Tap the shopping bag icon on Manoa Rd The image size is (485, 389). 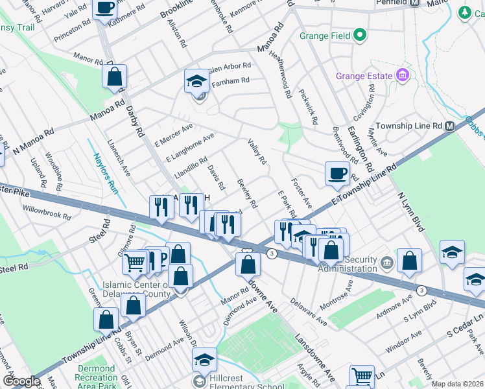[x=114, y=77]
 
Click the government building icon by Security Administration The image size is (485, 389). [x=387, y=262]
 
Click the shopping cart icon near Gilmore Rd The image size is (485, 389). [x=134, y=263]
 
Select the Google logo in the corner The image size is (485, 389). [x=21, y=381]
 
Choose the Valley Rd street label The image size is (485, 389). [x=257, y=151]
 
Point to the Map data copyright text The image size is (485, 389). [x=456, y=384]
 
